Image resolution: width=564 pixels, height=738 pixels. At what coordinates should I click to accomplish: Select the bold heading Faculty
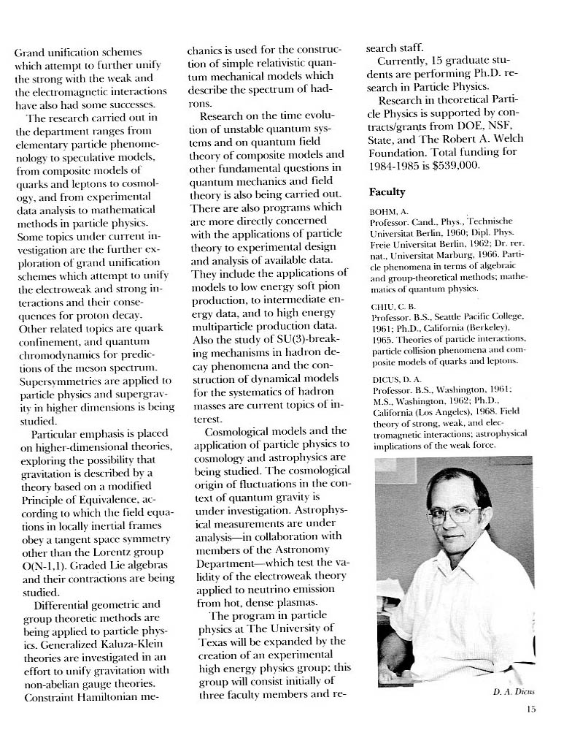(x=387, y=192)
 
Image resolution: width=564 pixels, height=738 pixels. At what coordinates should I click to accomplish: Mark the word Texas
(x=215, y=642)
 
